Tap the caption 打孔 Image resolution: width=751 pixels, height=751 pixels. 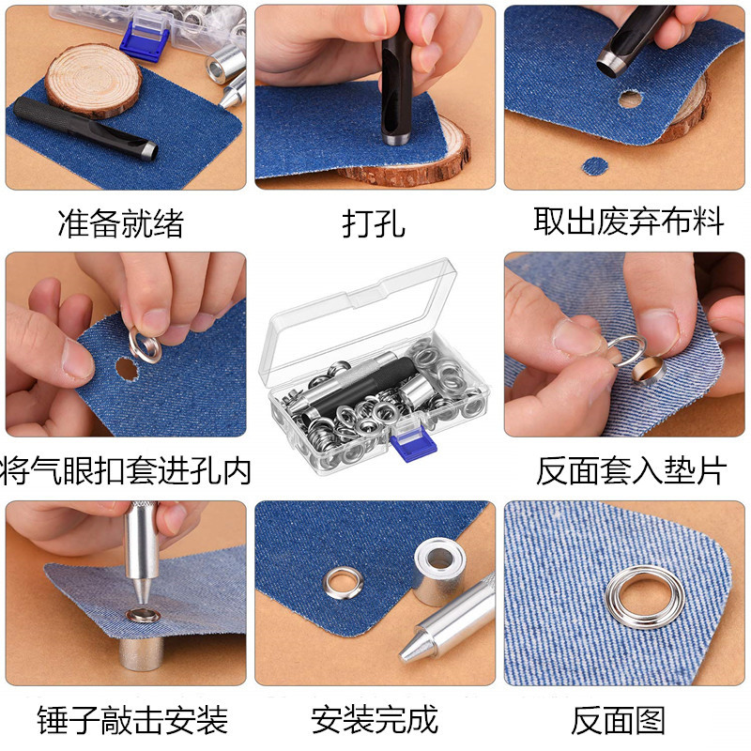tap(374, 223)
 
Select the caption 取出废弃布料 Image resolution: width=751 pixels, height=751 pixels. tap(629, 222)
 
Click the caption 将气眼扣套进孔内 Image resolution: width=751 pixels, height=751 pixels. tap(128, 470)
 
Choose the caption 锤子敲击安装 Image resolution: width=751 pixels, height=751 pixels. tap(132, 720)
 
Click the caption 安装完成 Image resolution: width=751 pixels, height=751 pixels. tap(375, 719)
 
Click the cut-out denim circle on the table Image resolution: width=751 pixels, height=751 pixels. tap(593, 166)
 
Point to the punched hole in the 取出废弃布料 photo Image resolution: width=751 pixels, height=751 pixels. tap(630, 98)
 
